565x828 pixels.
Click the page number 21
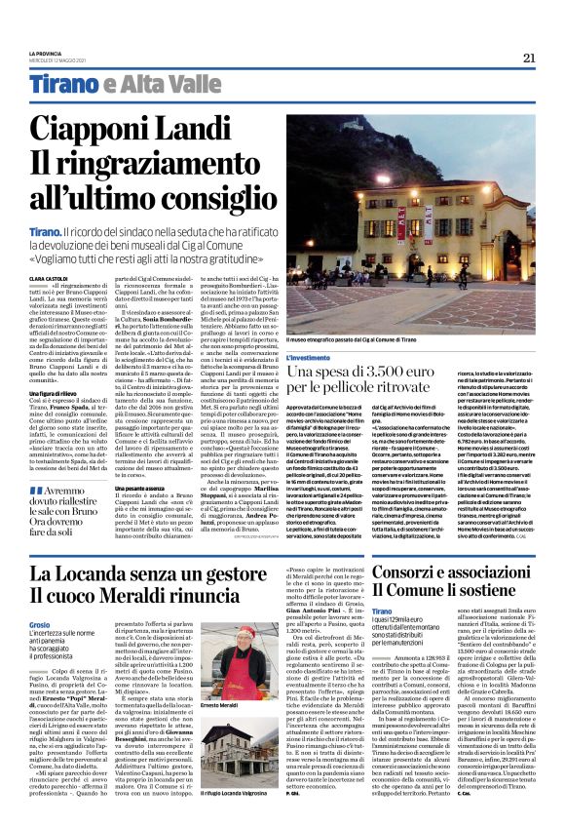pos(529,58)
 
